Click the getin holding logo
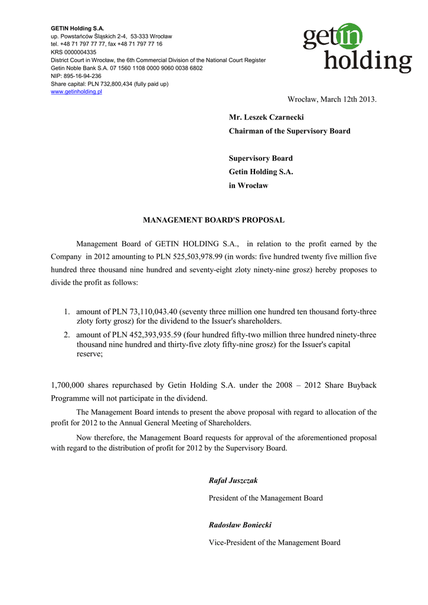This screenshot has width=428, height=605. pyautogui.click(x=357, y=48)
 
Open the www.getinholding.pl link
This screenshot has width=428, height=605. pyautogui.click(x=77, y=92)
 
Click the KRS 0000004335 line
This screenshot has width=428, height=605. pyautogui.click(x=73, y=52)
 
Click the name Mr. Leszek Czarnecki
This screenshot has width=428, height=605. pyautogui.click(x=266, y=118)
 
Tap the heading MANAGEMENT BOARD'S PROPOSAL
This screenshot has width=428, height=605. pyautogui.click(x=214, y=220)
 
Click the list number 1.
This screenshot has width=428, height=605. pyautogui.click(x=67, y=311)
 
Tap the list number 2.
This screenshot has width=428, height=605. pyautogui.click(x=67, y=335)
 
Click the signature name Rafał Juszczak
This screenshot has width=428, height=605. pyautogui.click(x=233, y=481)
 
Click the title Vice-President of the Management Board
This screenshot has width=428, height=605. pyautogui.click(x=275, y=542)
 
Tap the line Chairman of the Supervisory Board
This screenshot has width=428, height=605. pyautogui.click(x=289, y=131)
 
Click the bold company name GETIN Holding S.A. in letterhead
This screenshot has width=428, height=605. pyautogui.click(x=77, y=28)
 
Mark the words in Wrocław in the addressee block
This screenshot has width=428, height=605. pyautogui.click(x=249, y=186)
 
